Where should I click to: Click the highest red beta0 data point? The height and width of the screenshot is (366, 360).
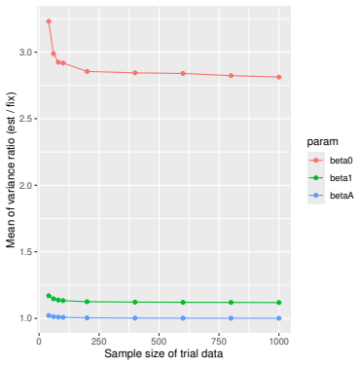click(49, 21)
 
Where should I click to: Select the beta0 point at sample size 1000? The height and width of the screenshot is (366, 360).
click(279, 77)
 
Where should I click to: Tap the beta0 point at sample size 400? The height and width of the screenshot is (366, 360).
click(135, 73)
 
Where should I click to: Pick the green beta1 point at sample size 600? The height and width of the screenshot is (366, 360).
click(183, 302)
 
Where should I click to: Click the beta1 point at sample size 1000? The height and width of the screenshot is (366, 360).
click(279, 303)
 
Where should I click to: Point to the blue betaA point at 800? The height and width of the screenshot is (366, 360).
click(231, 318)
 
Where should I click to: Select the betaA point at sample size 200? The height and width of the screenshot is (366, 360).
click(87, 317)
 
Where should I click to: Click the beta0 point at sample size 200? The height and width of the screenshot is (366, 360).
click(87, 71)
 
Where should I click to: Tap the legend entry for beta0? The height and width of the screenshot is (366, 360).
click(330, 161)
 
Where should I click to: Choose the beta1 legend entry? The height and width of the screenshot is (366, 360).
click(330, 178)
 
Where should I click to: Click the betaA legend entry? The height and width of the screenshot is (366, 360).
click(330, 196)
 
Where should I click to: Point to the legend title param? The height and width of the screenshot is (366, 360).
click(322, 142)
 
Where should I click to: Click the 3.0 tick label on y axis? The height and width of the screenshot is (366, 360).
click(26, 53)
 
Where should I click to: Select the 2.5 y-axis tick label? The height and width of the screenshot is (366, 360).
click(26, 119)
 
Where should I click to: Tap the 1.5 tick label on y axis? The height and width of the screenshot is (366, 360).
click(26, 252)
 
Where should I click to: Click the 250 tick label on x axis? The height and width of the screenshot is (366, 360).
click(99, 342)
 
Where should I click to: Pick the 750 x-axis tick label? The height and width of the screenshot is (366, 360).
click(219, 342)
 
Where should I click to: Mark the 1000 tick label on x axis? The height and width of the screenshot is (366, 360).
click(278, 342)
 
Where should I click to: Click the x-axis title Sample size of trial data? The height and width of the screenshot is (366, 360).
click(163, 353)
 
